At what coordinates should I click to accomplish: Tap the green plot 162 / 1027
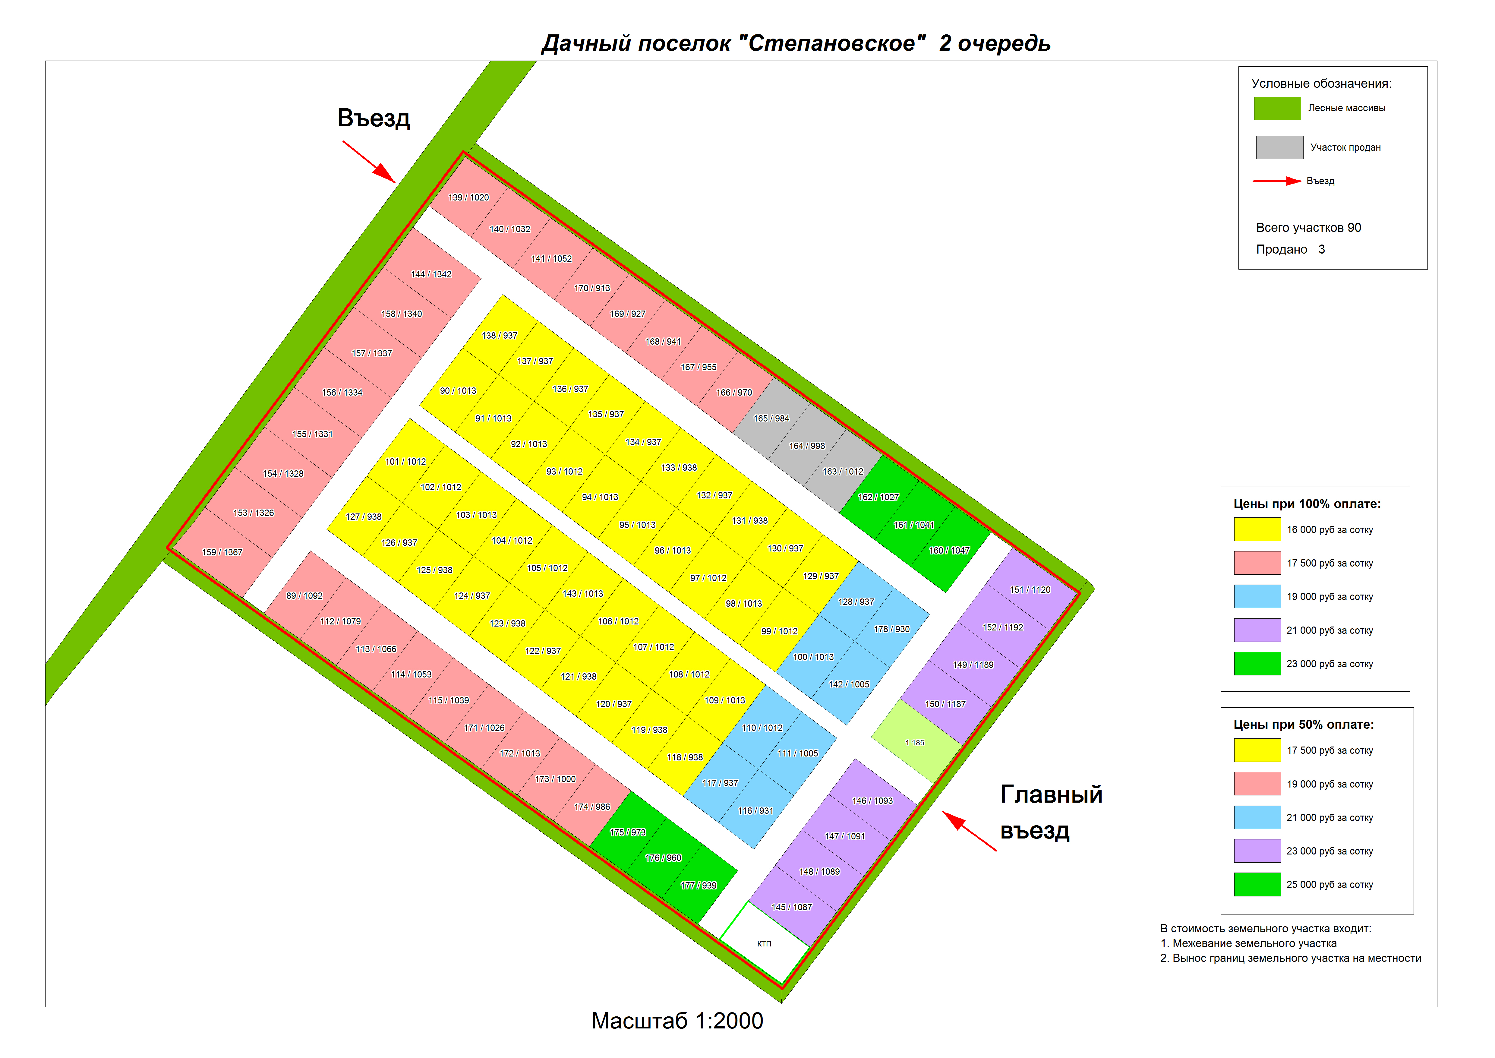[x=879, y=497]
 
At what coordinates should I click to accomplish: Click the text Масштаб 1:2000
[x=677, y=1021]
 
